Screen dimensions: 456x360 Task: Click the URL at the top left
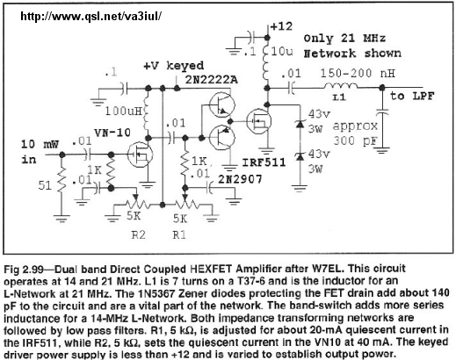(x=90, y=17)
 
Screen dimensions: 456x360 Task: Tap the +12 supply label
(x=281, y=26)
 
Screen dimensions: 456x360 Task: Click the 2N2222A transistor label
(x=212, y=79)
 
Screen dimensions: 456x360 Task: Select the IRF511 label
(x=264, y=162)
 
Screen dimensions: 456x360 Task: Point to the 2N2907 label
(x=240, y=179)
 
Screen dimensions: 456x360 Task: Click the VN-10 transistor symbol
(x=140, y=155)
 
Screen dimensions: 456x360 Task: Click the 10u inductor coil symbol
(x=266, y=62)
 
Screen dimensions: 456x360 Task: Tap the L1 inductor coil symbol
(x=340, y=86)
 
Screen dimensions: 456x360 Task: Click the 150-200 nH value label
(x=358, y=73)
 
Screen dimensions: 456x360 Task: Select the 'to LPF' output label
(x=412, y=96)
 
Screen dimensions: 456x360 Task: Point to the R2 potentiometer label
(x=138, y=234)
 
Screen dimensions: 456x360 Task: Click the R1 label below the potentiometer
(x=179, y=234)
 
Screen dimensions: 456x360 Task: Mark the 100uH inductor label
(x=123, y=112)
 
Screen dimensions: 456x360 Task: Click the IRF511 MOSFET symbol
(x=258, y=121)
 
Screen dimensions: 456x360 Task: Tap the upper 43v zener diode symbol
(x=299, y=124)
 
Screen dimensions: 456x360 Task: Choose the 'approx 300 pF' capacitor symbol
(x=381, y=112)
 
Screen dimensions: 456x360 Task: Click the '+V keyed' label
(x=173, y=66)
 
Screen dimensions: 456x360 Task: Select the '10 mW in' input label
(x=40, y=152)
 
